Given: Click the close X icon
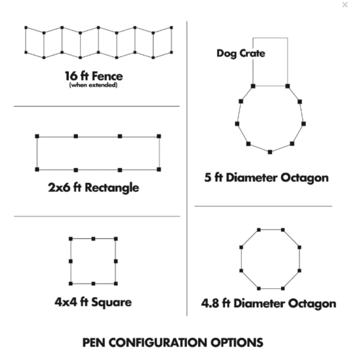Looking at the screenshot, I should [345, 5].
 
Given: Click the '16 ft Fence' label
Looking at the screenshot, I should [94, 76].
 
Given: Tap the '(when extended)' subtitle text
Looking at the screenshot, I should [94, 85].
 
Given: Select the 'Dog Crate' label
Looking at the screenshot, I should [241, 53].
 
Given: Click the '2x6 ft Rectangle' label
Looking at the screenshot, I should [94, 187].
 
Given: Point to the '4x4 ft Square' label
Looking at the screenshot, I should [93, 302].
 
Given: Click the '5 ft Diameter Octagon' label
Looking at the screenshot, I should [266, 178].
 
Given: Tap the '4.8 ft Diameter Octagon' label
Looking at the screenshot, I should [269, 303].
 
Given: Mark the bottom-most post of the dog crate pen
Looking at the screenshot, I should [270, 152].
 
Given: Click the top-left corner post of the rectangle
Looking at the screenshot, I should [37, 136].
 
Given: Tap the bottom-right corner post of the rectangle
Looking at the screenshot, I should [159, 169].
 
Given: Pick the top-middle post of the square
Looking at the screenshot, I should [93, 239].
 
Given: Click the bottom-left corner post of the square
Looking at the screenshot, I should [71, 283].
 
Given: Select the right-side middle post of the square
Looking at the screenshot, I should [116, 261].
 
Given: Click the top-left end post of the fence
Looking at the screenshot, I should [26, 27].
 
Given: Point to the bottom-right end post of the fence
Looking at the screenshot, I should [171, 52].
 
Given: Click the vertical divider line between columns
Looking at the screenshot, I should [187, 169].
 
